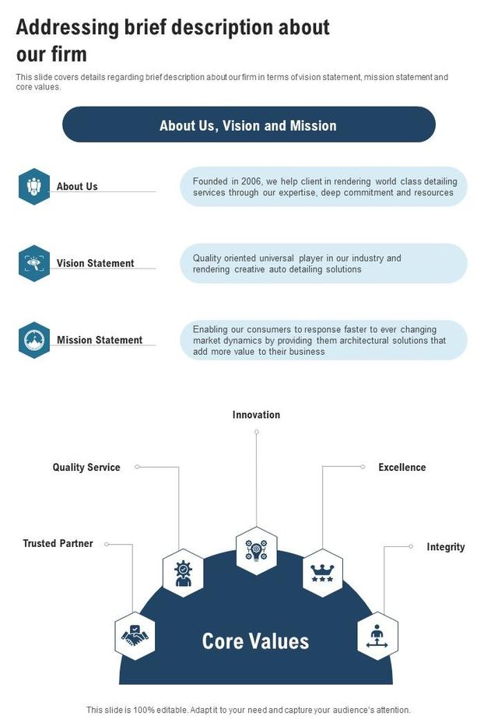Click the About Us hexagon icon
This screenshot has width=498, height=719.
click(34, 187)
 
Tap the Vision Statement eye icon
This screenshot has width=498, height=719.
click(34, 263)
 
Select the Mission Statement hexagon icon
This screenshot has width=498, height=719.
click(34, 340)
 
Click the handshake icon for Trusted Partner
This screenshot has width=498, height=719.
click(135, 636)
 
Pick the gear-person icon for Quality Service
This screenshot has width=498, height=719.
click(183, 573)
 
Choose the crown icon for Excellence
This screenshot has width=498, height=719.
click(322, 573)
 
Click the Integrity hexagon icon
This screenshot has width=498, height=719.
click(378, 636)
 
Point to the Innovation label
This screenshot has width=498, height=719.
click(256, 415)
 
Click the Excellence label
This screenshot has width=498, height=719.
click(402, 467)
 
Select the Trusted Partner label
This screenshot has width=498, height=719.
click(58, 543)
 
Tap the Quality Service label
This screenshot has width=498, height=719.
click(86, 467)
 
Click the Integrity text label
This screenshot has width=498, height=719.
click(445, 547)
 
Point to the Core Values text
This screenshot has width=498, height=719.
click(255, 640)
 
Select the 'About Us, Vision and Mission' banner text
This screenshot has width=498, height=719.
click(248, 125)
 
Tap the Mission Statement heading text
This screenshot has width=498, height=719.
click(100, 340)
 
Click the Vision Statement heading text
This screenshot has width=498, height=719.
click(95, 263)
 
